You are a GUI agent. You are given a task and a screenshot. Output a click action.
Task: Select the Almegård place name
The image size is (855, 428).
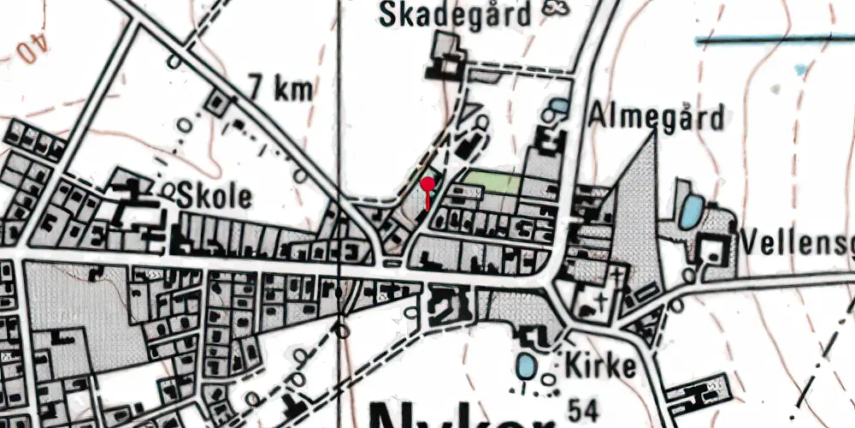point(656,116)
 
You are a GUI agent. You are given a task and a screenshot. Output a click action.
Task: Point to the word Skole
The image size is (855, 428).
point(215,197)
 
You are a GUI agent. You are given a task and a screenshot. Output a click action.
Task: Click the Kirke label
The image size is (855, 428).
point(600,366)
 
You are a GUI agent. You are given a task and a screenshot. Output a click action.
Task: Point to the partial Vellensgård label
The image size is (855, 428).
point(798,243)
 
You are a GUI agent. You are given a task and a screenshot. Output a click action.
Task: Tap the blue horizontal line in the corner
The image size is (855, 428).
point(774,39)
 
